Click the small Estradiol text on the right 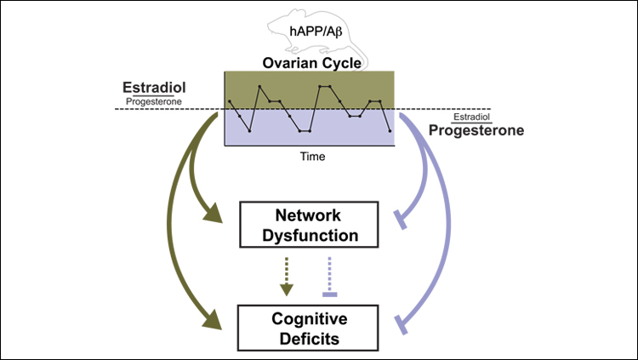[476, 117]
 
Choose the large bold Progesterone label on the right [476, 131]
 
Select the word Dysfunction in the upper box [309, 234]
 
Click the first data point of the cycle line [230, 101]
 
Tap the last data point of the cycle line [390, 131]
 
